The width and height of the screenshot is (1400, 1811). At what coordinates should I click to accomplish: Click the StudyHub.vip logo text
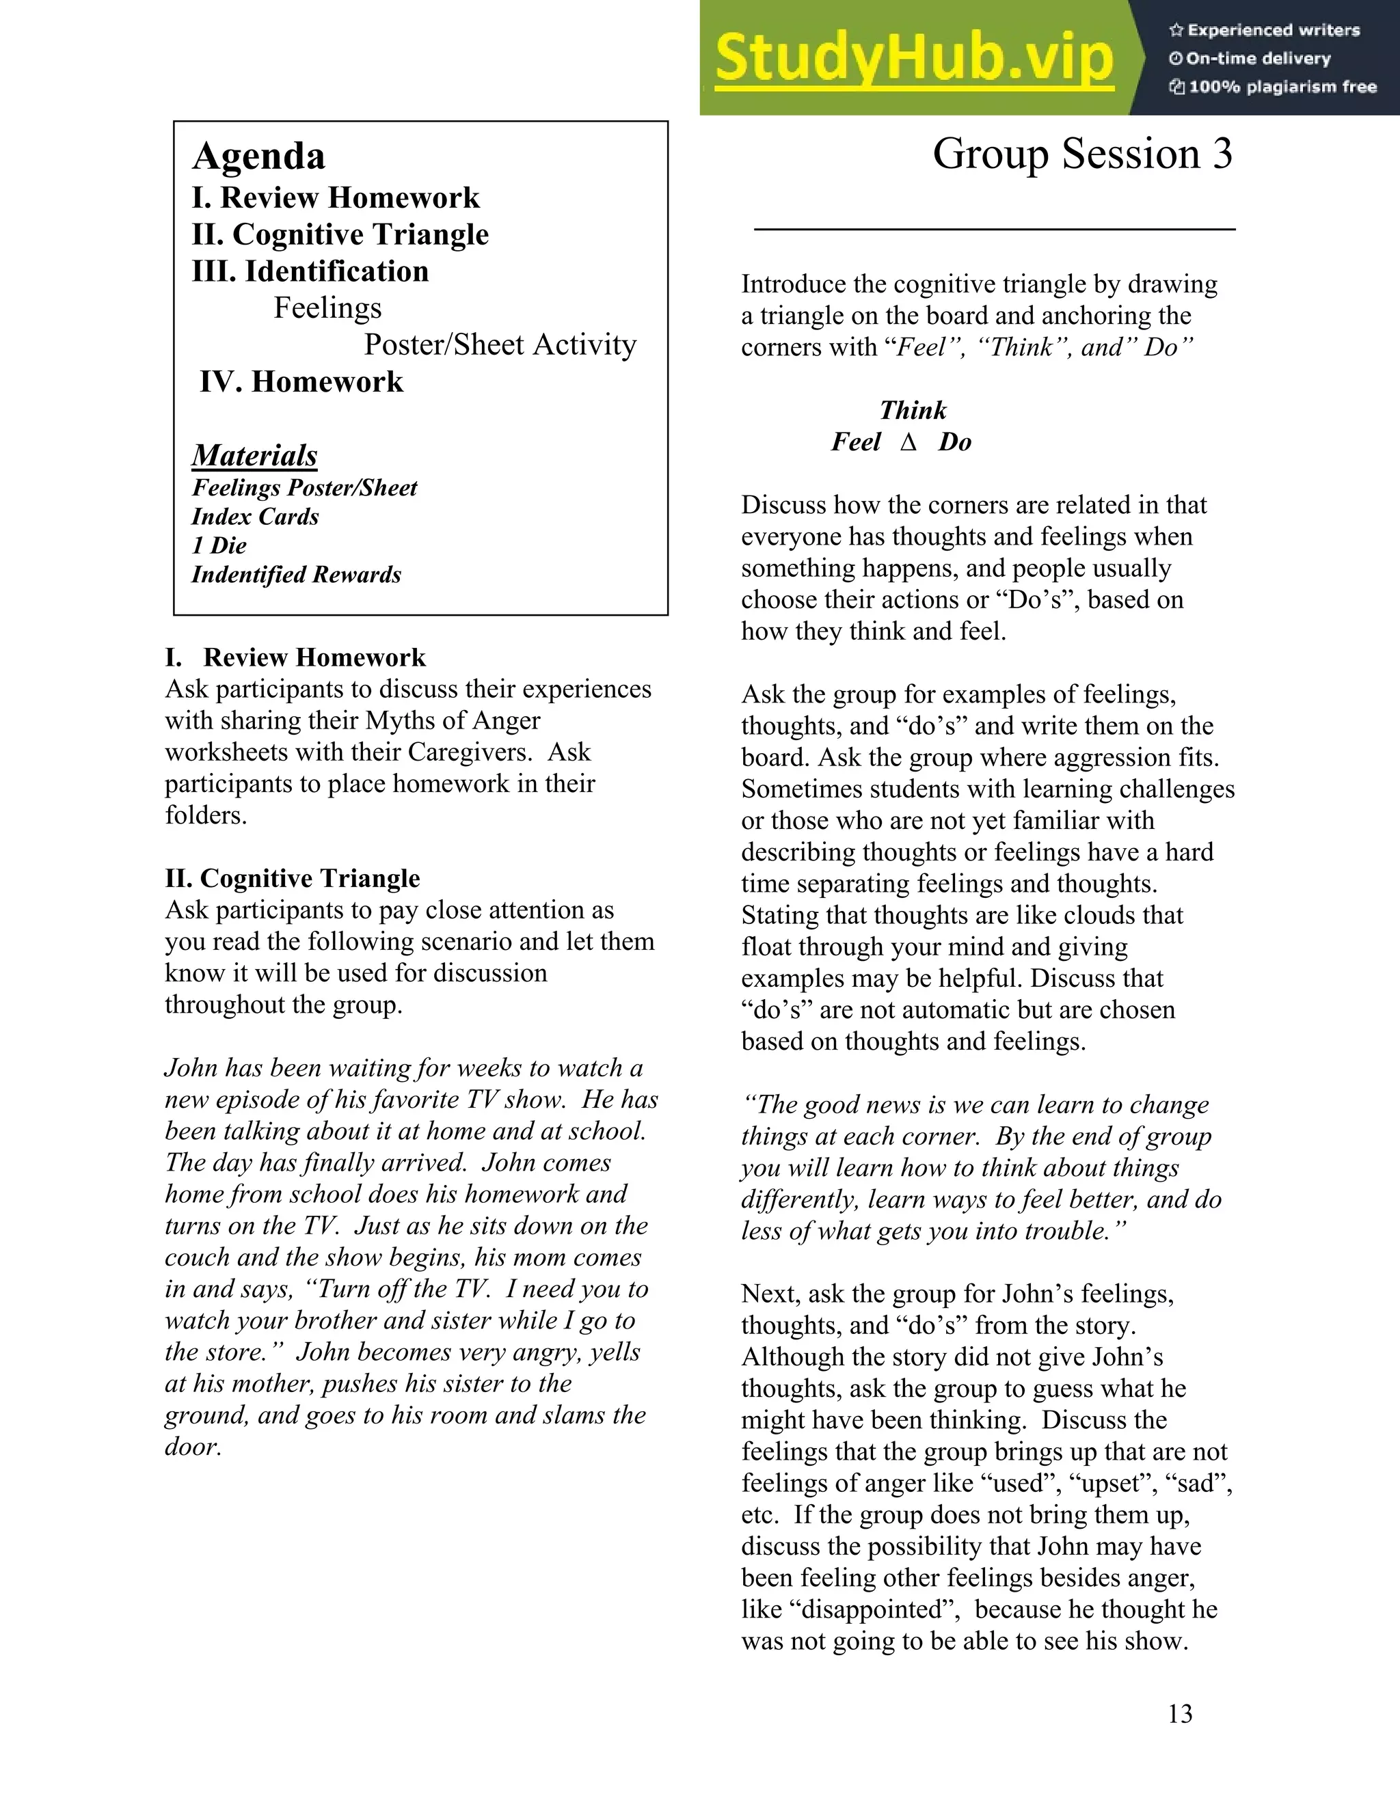(913, 58)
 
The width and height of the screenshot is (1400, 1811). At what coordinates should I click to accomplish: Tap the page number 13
(1179, 1713)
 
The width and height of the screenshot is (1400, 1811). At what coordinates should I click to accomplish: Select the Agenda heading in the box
(259, 156)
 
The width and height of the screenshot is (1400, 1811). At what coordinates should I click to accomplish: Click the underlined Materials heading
(254, 455)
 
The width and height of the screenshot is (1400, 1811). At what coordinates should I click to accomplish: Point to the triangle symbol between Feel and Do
(909, 443)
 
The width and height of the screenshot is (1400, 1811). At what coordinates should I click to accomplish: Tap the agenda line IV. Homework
(301, 381)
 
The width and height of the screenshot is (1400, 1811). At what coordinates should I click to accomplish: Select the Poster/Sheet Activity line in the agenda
(500, 345)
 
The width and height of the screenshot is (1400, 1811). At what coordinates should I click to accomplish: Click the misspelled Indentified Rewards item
(296, 575)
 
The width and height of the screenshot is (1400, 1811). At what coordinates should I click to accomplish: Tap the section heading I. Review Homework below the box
(295, 657)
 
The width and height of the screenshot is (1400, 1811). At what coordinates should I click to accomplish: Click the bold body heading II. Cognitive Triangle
(292, 878)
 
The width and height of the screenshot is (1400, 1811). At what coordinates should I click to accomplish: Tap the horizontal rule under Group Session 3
(995, 229)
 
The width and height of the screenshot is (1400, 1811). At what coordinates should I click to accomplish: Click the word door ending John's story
(191, 1447)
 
